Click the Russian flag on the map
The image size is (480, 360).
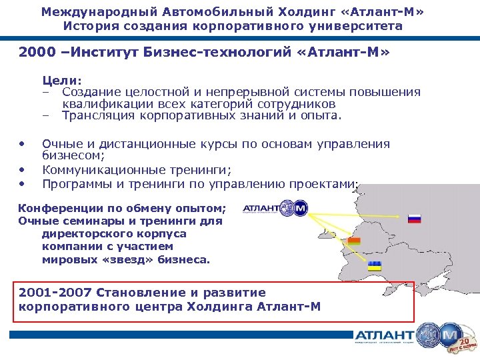(x=414, y=218)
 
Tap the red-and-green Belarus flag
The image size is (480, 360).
(x=354, y=241)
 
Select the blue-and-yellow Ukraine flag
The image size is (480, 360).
(x=375, y=267)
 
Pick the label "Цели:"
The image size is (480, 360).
(x=62, y=79)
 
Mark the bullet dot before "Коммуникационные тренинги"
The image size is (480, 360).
(x=22, y=169)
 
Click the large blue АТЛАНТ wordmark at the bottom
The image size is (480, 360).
(x=384, y=335)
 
